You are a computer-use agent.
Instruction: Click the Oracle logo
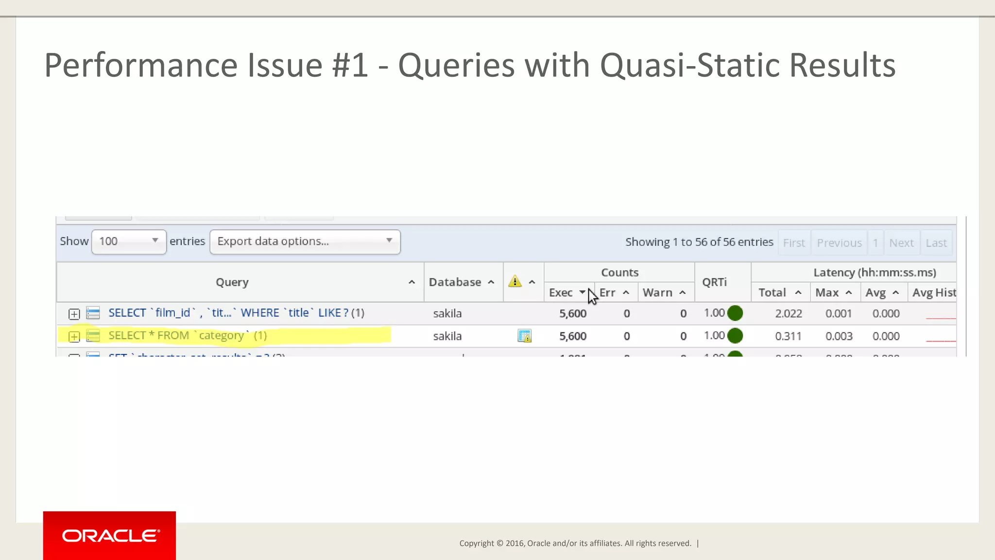[x=110, y=536]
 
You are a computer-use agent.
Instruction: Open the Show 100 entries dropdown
[x=129, y=242]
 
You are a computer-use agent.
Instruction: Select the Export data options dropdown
[x=305, y=242]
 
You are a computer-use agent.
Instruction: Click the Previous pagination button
[x=839, y=243]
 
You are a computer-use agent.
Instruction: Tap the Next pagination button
[x=901, y=243]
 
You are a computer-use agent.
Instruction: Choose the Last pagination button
[x=936, y=243]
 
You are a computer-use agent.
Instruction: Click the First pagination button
[x=794, y=243]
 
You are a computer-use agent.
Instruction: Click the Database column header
[x=455, y=282]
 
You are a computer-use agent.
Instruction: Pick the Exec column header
[x=561, y=293]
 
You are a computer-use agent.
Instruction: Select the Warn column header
[x=657, y=293]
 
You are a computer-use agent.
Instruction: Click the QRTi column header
[x=714, y=282]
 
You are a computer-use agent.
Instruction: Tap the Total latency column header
[x=772, y=293]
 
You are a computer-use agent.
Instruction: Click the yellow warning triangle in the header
[x=515, y=281]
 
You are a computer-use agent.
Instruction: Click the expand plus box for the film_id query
[x=74, y=314]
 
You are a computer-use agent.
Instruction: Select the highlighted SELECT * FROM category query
[x=188, y=335]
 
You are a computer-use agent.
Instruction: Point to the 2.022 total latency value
[x=788, y=314]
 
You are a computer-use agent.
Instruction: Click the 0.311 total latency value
[x=788, y=336]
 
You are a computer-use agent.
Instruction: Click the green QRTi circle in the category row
[x=735, y=335]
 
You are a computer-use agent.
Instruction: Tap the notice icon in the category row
[x=524, y=336]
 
